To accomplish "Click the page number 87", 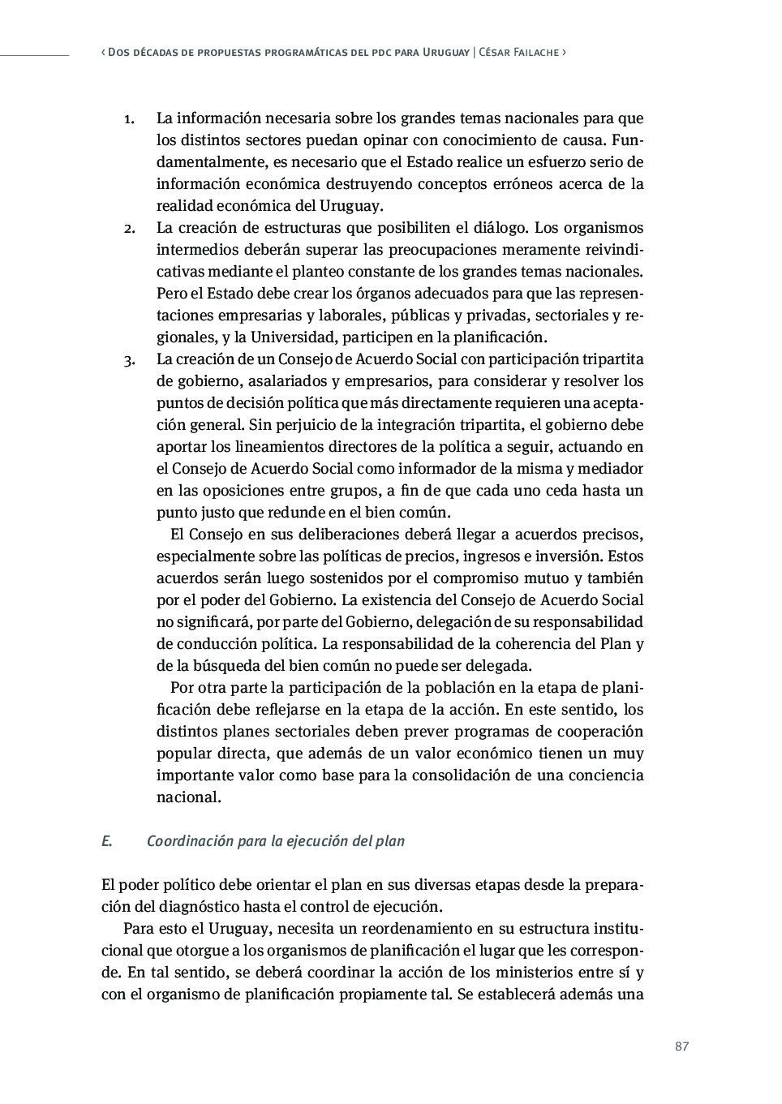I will pyautogui.click(x=681, y=1046).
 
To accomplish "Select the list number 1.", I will pyautogui.click(x=128, y=119).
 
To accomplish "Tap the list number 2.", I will pyautogui.click(x=129, y=228).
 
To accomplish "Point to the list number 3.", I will pyautogui.click(x=129, y=359).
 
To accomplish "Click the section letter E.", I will pyautogui.click(x=105, y=841).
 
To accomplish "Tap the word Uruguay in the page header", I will pyautogui.click(x=446, y=52).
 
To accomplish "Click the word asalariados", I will pyautogui.click(x=266, y=381).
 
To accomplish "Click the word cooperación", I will pyautogui.click(x=598, y=732).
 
